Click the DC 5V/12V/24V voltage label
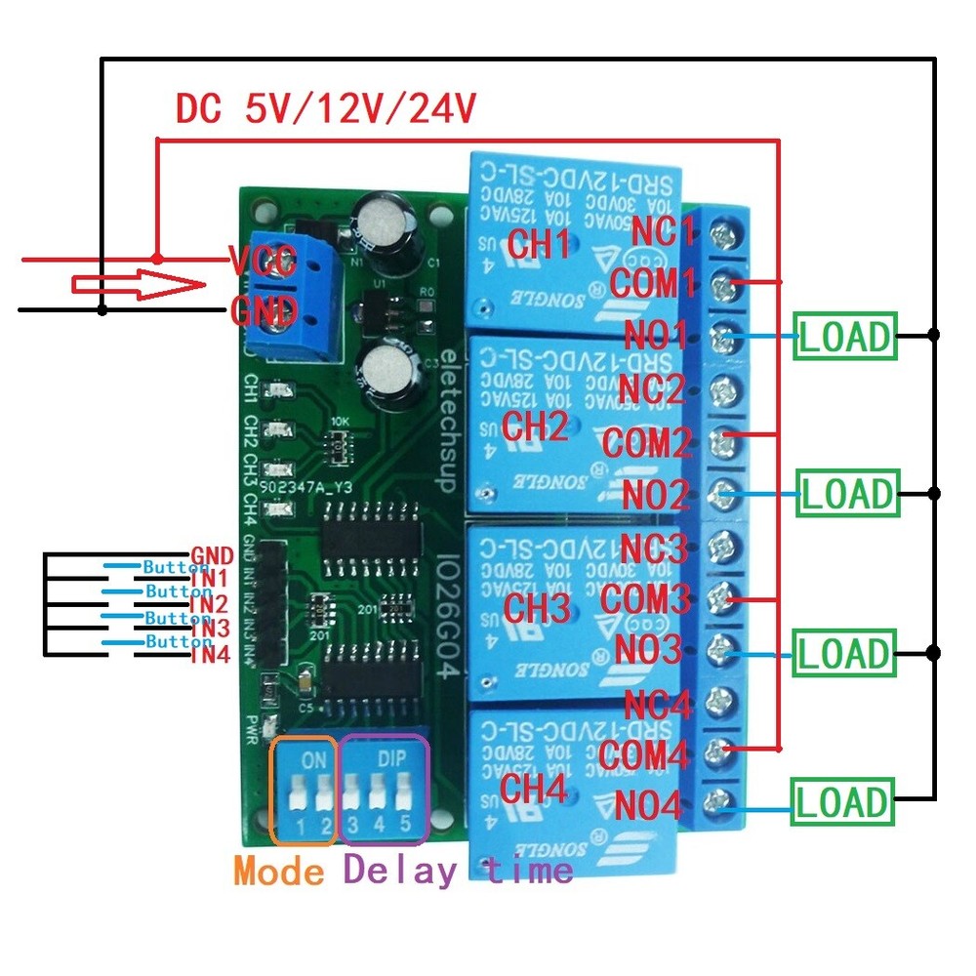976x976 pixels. click(x=325, y=109)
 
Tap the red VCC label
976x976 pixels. click(x=263, y=262)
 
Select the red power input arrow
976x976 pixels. click(x=137, y=286)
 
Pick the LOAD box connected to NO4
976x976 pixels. click(x=843, y=803)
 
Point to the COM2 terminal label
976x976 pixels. click(x=645, y=442)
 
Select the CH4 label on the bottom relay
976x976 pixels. click(x=533, y=790)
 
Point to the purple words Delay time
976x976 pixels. click(x=457, y=868)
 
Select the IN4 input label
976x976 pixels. click(x=210, y=655)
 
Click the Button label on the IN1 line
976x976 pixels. click(x=177, y=566)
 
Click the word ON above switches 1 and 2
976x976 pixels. click(x=305, y=756)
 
